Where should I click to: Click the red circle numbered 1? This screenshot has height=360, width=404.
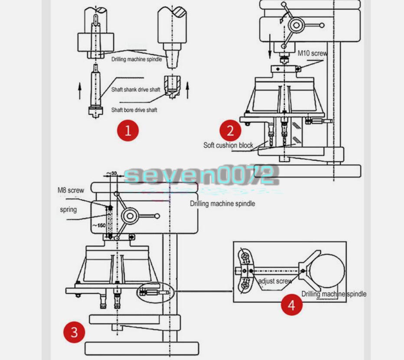click(x=127, y=130)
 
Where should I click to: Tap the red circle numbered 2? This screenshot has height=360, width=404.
click(x=230, y=130)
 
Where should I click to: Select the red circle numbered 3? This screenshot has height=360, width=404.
click(x=74, y=332)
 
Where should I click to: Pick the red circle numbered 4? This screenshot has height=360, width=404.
click(x=291, y=305)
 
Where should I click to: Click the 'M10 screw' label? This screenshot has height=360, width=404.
click(x=312, y=53)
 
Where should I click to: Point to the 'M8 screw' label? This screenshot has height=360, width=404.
click(x=71, y=190)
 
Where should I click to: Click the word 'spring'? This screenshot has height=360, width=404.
click(x=68, y=210)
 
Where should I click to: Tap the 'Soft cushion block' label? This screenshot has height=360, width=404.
click(x=228, y=145)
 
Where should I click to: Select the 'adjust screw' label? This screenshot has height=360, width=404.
click(x=275, y=281)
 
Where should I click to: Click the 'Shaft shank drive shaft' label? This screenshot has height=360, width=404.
click(x=135, y=90)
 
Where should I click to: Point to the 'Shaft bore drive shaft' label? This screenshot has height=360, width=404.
click(x=134, y=110)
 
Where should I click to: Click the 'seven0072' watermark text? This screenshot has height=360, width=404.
click(x=200, y=176)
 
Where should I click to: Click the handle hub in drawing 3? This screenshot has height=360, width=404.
click(x=130, y=216)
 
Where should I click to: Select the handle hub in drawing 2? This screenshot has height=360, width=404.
click(x=296, y=26)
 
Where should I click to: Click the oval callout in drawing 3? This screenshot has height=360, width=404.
click(x=155, y=292)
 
